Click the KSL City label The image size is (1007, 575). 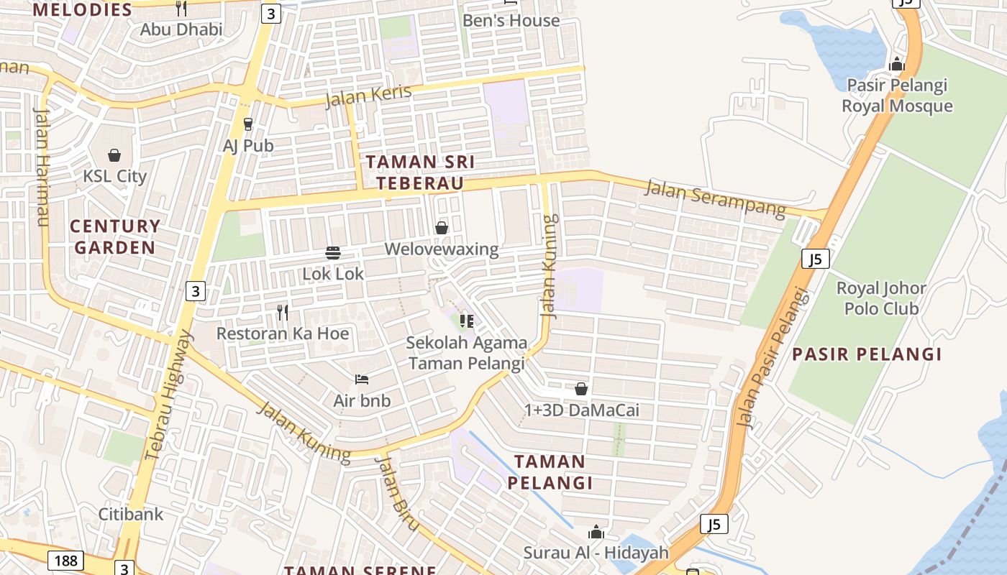[114, 176]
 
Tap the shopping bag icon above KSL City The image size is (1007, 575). [114, 155]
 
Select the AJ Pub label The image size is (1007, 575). [248, 145]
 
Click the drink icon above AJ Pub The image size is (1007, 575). [248, 124]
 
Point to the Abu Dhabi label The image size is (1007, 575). [181, 29]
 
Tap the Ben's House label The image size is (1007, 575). [511, 20]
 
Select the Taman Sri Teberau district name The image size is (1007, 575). [421, 172]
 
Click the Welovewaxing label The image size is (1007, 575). [442, 249]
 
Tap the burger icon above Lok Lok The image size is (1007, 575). [333, 252]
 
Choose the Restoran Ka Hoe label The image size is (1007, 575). [283, 333]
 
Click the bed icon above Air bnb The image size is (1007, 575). [362, 379]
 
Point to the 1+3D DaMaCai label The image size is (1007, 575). [581, 410]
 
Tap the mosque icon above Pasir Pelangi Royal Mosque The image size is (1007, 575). [896, 64]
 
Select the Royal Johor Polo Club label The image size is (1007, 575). [881, 298]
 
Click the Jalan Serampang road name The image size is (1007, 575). [715, 198]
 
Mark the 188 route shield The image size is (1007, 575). [66, 560]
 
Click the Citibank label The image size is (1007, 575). [131, 514]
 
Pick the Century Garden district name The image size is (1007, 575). [115, 236]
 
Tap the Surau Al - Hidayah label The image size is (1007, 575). [596, 553]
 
